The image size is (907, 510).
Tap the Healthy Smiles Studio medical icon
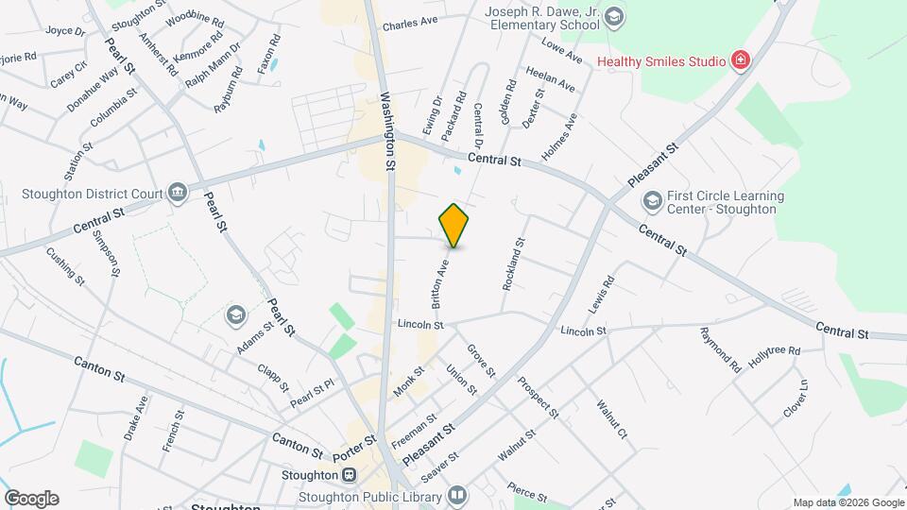[x=742, y=61]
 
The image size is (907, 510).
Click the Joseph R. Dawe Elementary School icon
[x=615, y=16]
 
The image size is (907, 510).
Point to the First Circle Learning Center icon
[x=652, y=201]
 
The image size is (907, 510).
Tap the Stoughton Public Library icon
[x=457, y=495]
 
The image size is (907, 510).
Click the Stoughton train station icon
[x=350, y=475]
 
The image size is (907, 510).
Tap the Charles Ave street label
[x=410, y=21]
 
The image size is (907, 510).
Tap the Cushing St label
[x=67, y=266]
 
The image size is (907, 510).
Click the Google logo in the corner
[x=31, y=499]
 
